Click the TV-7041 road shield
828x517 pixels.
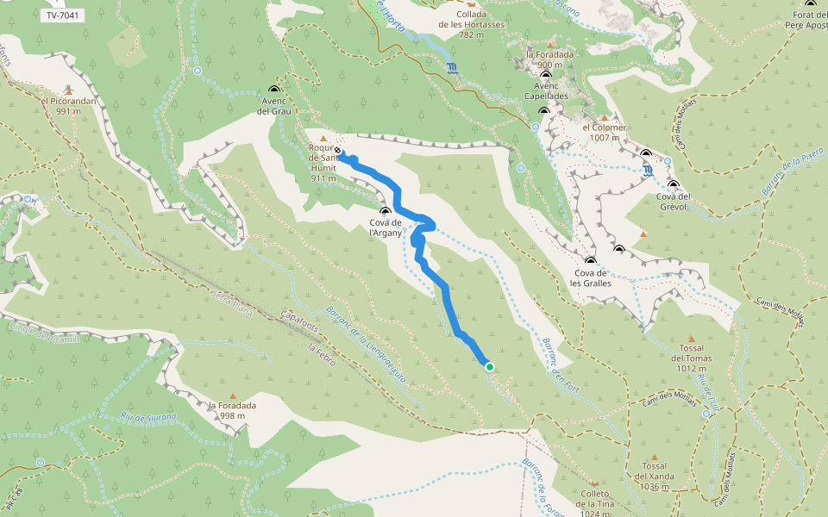click(61, 16)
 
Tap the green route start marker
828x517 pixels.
click(490, 367)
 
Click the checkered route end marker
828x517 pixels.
click(338, 151)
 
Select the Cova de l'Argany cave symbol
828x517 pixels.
click(385, 211)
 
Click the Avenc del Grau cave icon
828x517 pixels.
click(274, 90)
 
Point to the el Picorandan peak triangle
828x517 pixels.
click(67, 89)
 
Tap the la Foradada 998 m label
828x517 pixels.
click(232, 411)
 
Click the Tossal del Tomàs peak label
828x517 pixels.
click(691, 364)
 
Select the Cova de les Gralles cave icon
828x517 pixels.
click(591, 261)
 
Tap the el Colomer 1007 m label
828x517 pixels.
click(604, 133)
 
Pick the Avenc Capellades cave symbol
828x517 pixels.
click(545, 76)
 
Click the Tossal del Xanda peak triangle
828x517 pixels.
click(653, 458)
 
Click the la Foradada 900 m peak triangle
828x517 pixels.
click(550, 44)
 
